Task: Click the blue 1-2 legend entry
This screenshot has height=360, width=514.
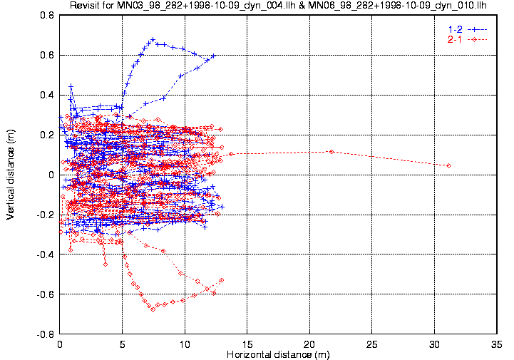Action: pyautogui.click(x=466, y=29)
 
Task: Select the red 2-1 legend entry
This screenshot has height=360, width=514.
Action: pyautogui.click(x=466, y=38)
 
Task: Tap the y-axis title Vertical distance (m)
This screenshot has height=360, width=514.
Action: pyautogui.click(x=11, y=174)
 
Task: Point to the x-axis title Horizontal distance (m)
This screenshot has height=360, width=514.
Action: pyautogui.click(x=278, y=354)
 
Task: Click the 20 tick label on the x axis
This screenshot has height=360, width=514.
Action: pyautogui.click(x=309, y=344)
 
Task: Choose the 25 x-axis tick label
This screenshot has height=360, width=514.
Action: pyautogui.click(x=372, y=344)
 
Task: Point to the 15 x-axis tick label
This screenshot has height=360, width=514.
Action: pyautogui.click(x=247, y=344)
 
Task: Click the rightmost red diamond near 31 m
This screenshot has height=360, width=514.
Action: pyautogui.click(x=448, y=165)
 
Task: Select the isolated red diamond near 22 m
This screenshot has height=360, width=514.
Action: pyautogui.click(x=331, y=151)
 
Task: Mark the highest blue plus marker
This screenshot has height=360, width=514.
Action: pyautogui.click(x=153, y=39)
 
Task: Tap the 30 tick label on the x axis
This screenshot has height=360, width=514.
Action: pyautogui.click(x=434, y=344)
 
